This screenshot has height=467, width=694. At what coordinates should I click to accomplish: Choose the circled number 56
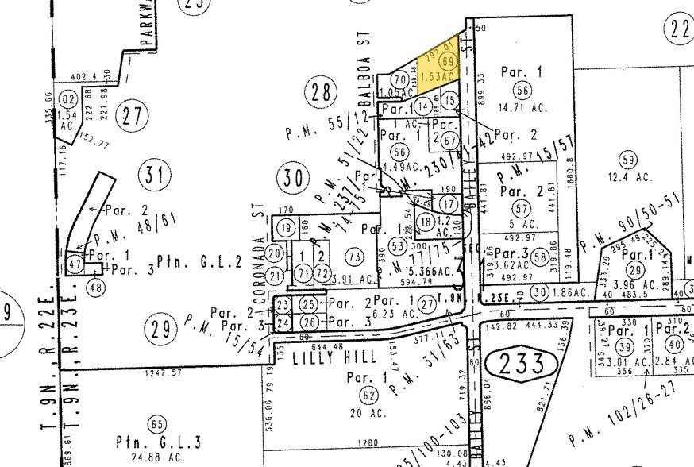click(x=521, y=89)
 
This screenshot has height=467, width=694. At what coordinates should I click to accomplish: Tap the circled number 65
click(x=159, y=424)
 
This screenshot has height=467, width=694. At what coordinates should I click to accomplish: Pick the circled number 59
click(x=629, y=160)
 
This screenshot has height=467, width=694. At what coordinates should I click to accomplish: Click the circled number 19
click(x=286, y=229)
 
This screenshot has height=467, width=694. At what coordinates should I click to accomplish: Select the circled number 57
click(x=522, y=208)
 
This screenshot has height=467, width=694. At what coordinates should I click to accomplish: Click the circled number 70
click(x=399, y=79)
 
